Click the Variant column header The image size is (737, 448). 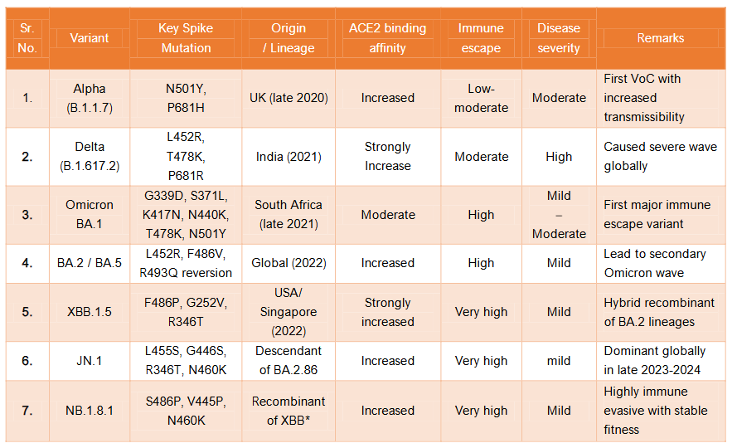coord(90,38)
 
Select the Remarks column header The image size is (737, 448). coord(660,38)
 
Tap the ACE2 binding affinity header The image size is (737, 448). coord(387,38)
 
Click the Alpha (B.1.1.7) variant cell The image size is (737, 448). coord(90,98)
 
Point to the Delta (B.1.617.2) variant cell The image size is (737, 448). coord(90,156)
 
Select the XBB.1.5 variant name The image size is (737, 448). coord(90,312)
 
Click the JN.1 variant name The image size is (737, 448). coord(90,361)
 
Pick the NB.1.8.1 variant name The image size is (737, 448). coord(90,410)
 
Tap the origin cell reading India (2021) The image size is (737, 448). coord(288,156)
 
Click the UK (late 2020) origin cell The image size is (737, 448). coord(288,98)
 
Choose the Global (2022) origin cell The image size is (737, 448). coord(288,263)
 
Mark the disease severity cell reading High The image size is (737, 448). coord(559,156)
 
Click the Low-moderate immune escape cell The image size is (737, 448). coord(481,98)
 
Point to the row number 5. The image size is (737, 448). coord(27,312)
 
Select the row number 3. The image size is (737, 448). coord(27,215)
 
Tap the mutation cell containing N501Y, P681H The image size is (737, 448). coord(186,98)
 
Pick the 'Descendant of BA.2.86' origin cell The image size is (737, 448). coord(288,361)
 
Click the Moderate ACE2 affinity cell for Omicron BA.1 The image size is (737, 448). coord(387,215)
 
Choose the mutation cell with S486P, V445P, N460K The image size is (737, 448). coord(186,410)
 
